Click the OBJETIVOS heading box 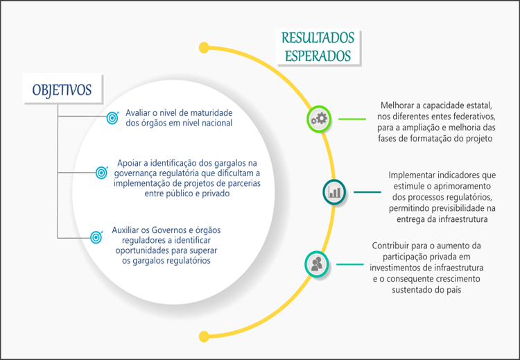click(62, 89)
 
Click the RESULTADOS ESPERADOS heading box click(318, 46)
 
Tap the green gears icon click(319, 119)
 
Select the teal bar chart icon click(335, 192)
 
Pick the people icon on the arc click(317, 264)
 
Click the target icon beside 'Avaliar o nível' click(112, 119)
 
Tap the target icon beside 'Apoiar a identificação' click(102, 171)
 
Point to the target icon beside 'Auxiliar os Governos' click(96, 237)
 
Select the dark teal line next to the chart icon click(367, 192)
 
